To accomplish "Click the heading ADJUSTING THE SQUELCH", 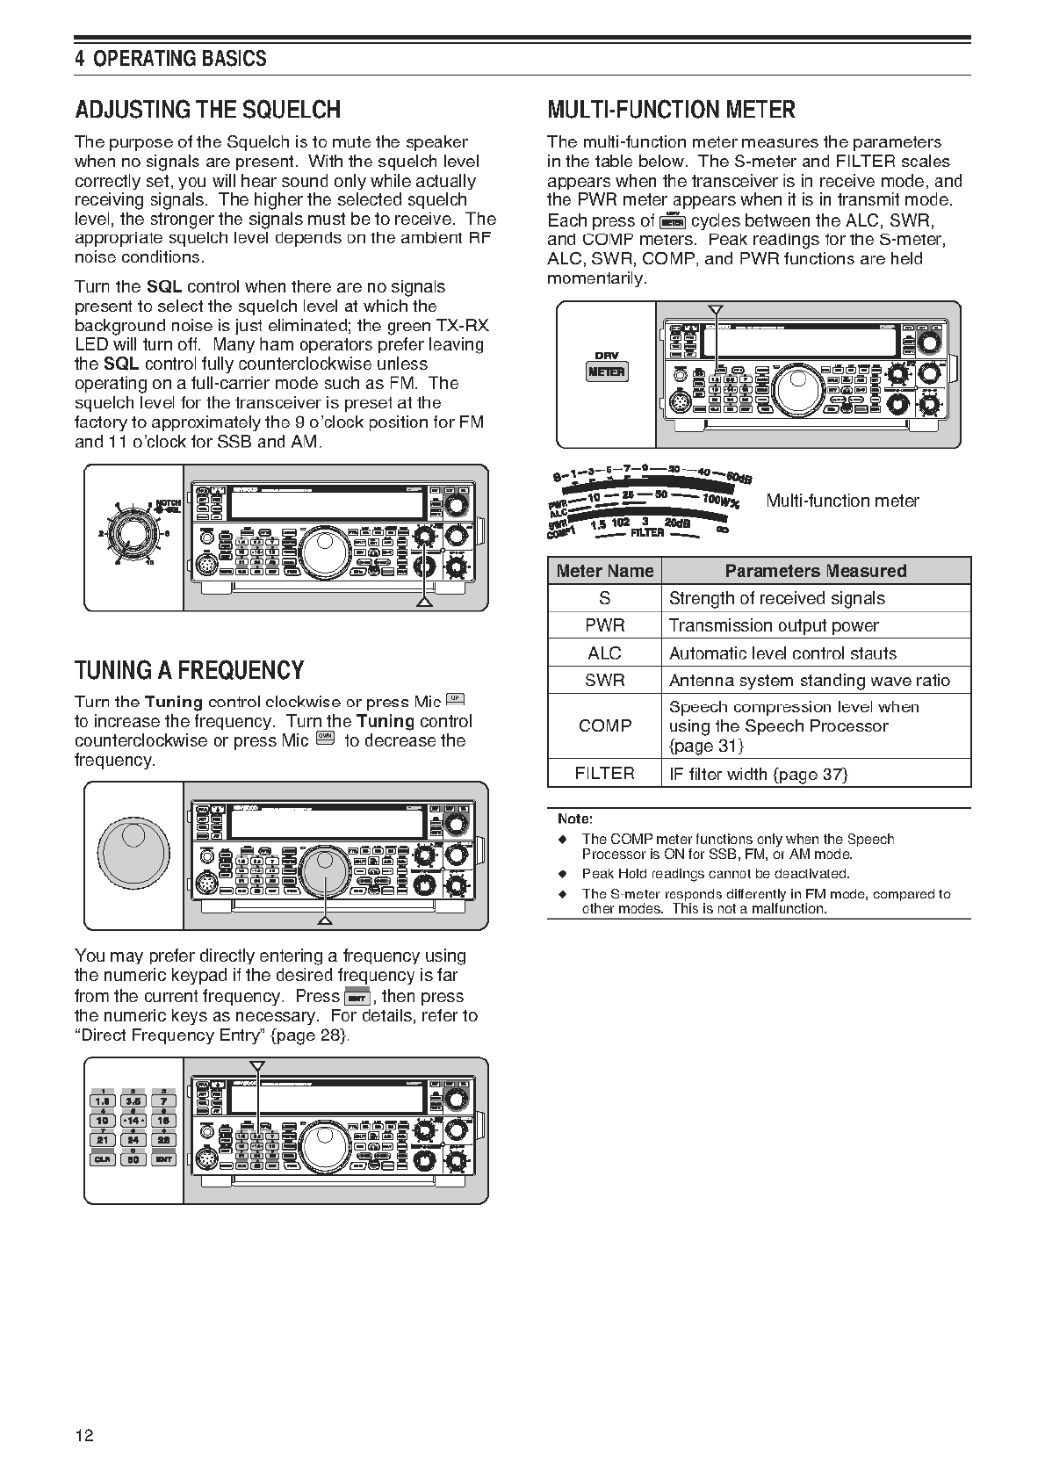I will pyautogui.click(x=207, y=111).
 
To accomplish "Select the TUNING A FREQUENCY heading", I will pyautogui.click(x=189, y=671).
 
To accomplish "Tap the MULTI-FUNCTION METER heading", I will pyautogui.click(x=671, y=111).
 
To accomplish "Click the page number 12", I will pyautogui.click(x=84, y=1436).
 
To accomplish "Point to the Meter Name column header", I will pyautogui.click(x=605, y=571).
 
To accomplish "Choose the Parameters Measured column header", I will pyautogui.click(x=815, y=571).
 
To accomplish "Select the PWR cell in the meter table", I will pyautogui.click(x=605, y=625).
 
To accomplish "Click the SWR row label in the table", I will pyautogui.click(x=605, y=680).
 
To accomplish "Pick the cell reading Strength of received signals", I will pyautogui.click(x=776, y=598).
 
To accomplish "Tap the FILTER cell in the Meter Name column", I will pyautogui.click(x=605, y=773).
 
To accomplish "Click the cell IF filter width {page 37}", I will pyautogui.click(x=758, y=773).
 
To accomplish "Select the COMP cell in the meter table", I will pyautogui.click(x=605, y=725).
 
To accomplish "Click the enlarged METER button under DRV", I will pyautogui.click(x=606, y=372).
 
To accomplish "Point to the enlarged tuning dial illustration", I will pyautogui.click(x=133, y=852).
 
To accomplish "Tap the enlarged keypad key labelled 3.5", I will pyautogui.click(x=133, y=1101).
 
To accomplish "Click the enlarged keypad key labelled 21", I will pyautogui.click(x=102, y=1140).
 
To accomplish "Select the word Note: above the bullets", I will pyautogui.click(x=575, y=819).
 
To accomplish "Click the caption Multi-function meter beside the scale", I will pyautogui.click(x=842, y=501).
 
